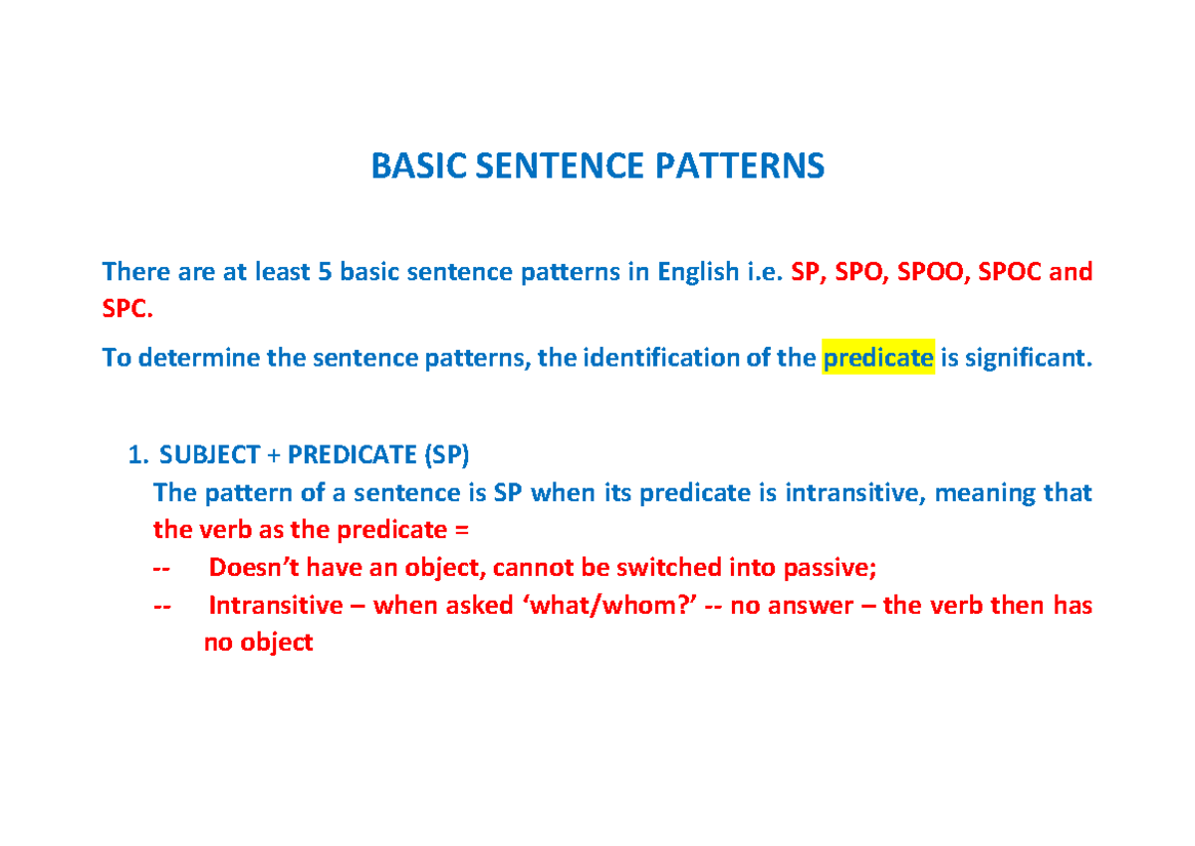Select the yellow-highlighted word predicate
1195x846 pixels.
pos(878,358)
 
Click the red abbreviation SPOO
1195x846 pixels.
pos(930,272)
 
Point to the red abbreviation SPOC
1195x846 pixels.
pos(1010,272)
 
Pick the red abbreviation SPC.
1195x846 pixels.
pos(127,309)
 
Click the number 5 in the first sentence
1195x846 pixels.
pos(325,272)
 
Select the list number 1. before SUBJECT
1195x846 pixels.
pos(138,455)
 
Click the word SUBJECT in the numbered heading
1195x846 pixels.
pos(209,455)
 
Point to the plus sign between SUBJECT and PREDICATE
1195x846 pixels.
pos(273,456)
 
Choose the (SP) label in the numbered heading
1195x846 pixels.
pos(446,455)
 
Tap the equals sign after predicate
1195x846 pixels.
pos(462,530)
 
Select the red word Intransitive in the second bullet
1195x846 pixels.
pos(276,606)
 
